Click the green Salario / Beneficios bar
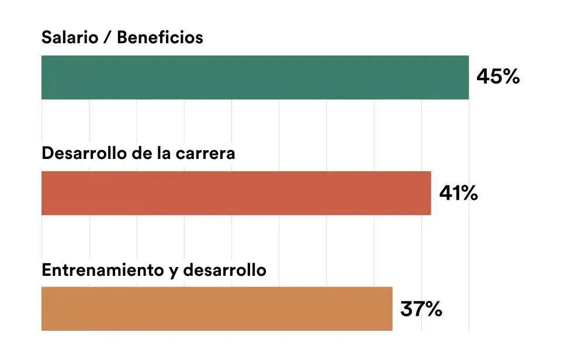[x=255, y=77]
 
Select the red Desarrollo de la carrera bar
[x=236, y=193]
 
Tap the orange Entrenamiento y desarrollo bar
[x=217, y=309]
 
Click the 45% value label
[x=498, y=77]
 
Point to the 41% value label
[x=458, y=193]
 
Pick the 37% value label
[x=421, y=309]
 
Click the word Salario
[x=70, y=37]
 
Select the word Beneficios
[x=160, y=37]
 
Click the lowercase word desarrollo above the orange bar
[x=224, y=270]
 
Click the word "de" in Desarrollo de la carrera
[x=141, y=153]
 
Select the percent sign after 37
[x=432, y=309]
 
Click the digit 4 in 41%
[x=446, y=193]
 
